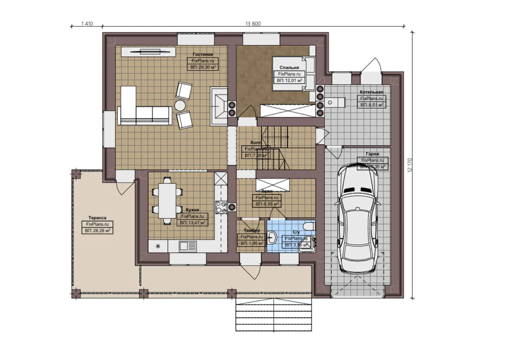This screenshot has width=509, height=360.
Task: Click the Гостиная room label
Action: coord(203,54)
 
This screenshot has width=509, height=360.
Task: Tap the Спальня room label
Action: coord(289,67)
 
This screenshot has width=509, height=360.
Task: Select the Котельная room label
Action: coord(371,92)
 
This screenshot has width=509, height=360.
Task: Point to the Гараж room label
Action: coord(372,154)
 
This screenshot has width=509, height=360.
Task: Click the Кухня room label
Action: coord(192,210)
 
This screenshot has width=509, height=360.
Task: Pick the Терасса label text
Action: coord(97,218)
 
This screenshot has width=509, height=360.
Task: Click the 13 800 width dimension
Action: coord(253,24)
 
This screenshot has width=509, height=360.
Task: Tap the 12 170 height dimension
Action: coord(410,165)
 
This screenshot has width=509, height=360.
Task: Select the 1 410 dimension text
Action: coord(87,24)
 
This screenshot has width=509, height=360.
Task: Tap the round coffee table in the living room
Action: coord(180,105)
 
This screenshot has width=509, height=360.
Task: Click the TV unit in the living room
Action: coord(148,52)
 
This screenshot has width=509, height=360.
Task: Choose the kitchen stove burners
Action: coord(221,207)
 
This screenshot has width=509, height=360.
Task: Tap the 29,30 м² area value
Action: coord(203,67)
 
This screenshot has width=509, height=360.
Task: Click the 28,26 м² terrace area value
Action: coord(97,231)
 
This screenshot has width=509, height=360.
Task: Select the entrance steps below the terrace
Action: coord(273,314)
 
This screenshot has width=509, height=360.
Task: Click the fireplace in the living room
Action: coord(219,106)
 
